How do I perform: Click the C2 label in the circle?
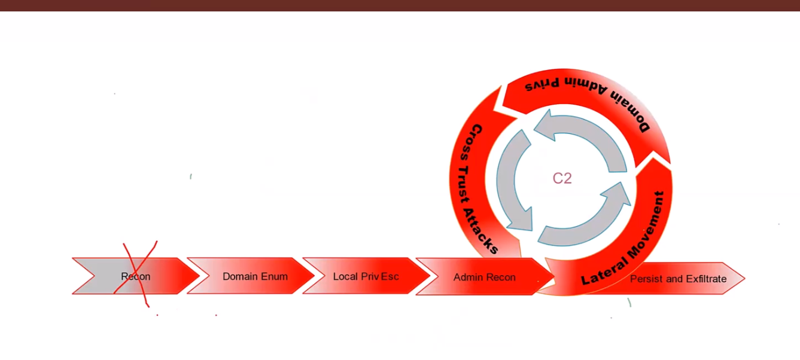point(562,178)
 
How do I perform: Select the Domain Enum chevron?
point(255,276)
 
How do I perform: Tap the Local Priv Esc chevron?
point(366,276)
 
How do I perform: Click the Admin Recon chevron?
point(484,277)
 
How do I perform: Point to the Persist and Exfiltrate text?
point(678,279)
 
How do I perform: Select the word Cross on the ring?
point(476,141)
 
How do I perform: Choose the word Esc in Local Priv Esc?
point(390,276)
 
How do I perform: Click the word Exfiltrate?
point(706,279)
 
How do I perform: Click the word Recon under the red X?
point(135,277)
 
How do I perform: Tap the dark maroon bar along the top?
point(400,5)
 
